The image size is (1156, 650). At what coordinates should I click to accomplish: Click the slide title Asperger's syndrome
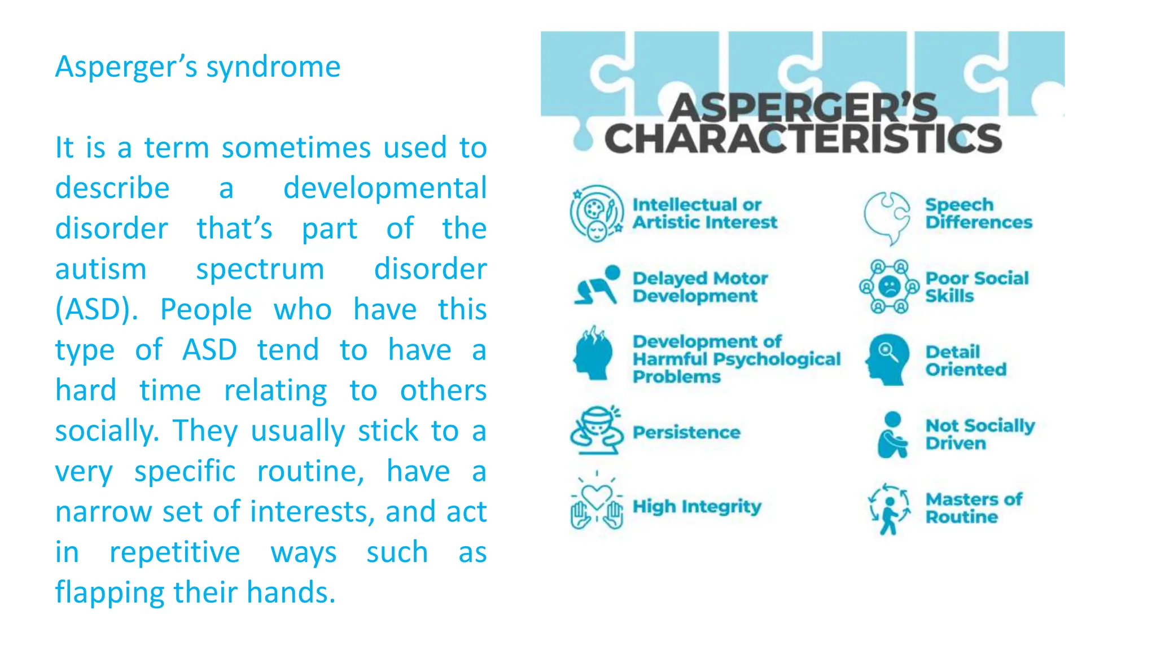tap(198, 67)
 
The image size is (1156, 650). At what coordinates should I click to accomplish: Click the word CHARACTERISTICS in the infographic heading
tap(803, 139)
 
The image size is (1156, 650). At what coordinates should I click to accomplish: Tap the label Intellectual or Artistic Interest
tap(704, 213)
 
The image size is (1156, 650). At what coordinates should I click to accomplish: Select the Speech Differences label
tap(978, 213)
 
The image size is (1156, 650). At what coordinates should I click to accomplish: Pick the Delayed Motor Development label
tap(700, 287)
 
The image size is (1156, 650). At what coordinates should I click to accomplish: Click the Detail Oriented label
tap(966, 361)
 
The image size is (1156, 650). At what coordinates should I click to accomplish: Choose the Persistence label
tap(686, 433)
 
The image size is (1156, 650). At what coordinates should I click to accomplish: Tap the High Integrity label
tap(697, 507)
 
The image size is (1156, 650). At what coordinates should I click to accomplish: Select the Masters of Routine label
tap(974, 508)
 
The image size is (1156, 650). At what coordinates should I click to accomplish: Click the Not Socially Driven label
tap(980, 434)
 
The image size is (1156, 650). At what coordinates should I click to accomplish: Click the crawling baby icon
tap(597, 286)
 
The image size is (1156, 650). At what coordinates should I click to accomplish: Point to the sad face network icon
tap(889, 287)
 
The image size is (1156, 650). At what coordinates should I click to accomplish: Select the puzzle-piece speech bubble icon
tap(887, 217)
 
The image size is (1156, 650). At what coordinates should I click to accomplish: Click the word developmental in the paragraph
tap(384, 188)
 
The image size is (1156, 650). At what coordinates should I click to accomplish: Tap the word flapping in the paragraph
tap(111, 593)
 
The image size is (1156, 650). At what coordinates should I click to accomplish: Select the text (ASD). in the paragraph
tap(97, 310)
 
